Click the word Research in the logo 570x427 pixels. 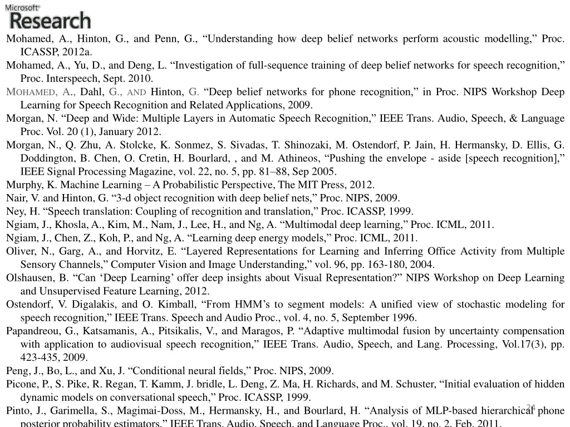click(50, 21)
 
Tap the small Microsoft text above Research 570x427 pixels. click(23, 7)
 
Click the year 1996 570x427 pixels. click(404, 318)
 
